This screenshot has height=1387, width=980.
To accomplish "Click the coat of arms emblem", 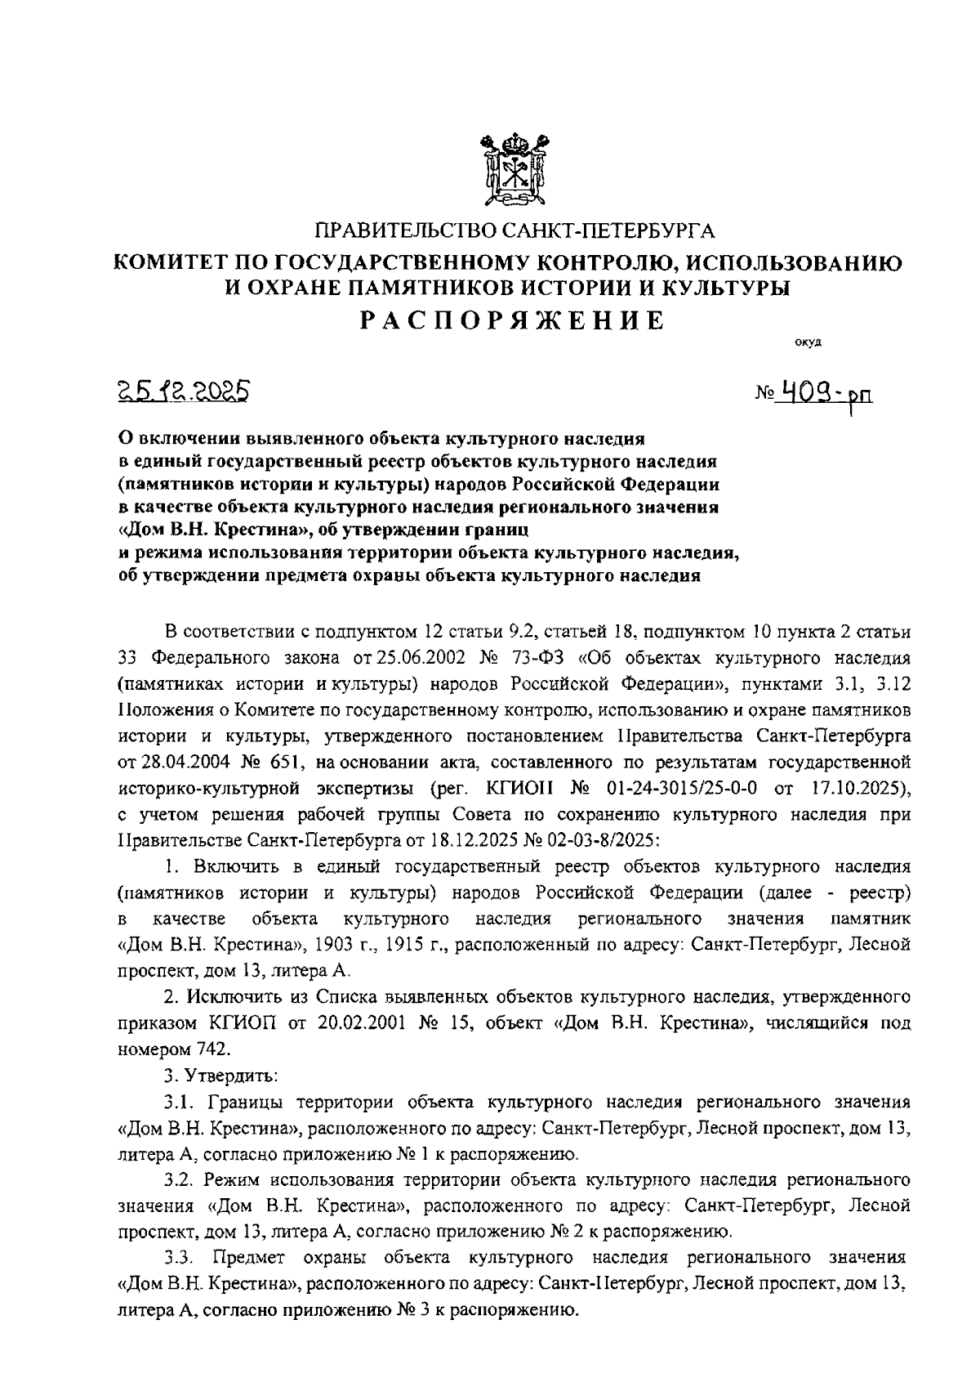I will tap(512, 171).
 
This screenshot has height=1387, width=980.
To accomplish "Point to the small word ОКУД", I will tap(808, 342).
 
